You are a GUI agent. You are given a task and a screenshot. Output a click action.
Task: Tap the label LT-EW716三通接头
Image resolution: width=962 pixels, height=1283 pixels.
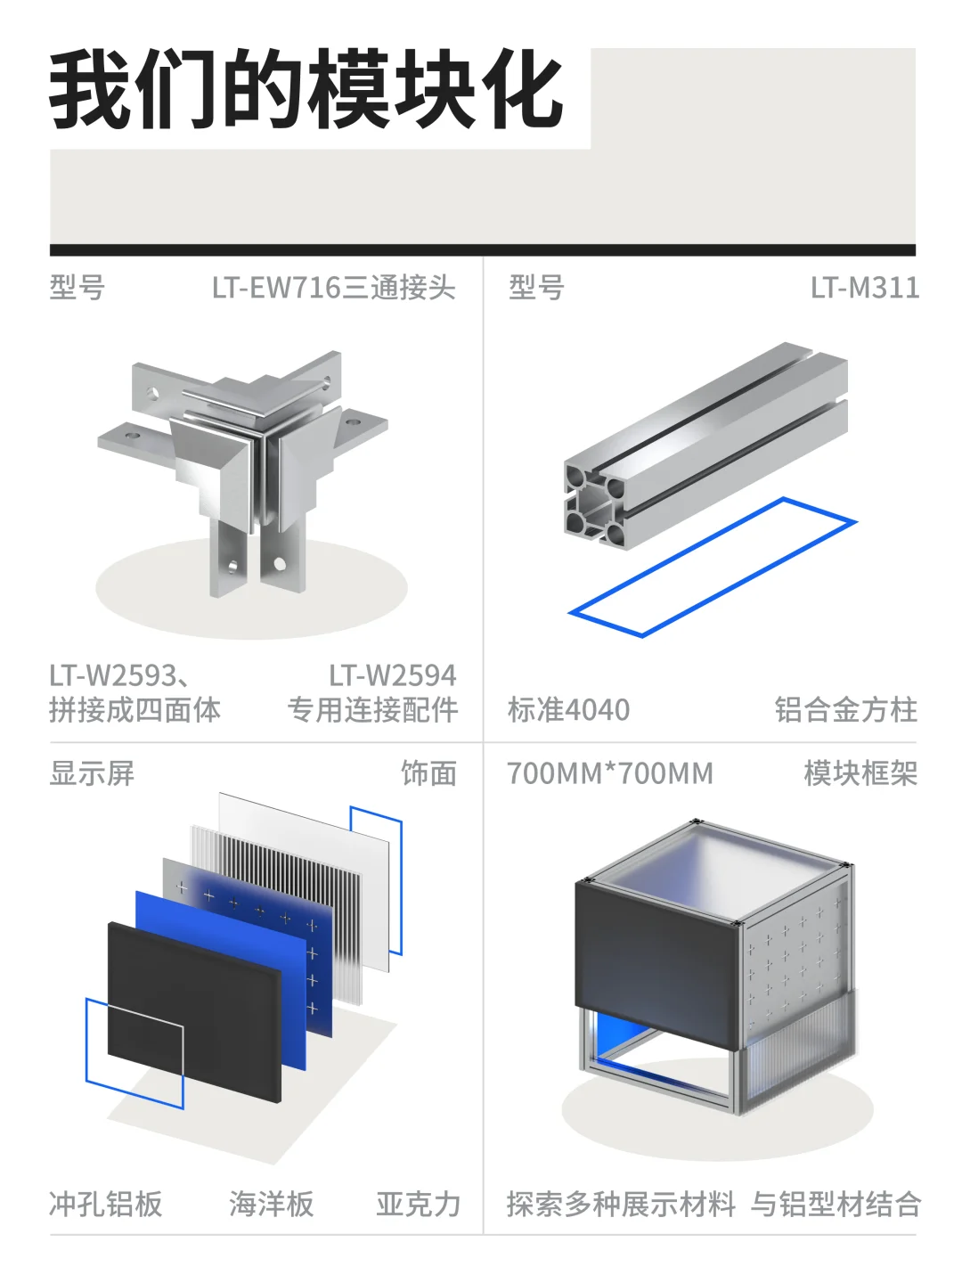334,288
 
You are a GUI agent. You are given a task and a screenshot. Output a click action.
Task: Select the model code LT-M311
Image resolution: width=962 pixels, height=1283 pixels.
864,288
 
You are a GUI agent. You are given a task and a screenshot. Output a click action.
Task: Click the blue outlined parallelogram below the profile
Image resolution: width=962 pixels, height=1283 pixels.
713,567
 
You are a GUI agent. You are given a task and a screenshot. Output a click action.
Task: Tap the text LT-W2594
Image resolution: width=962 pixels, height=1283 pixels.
392,675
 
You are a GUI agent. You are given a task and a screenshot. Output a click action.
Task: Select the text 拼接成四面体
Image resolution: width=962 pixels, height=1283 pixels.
135,710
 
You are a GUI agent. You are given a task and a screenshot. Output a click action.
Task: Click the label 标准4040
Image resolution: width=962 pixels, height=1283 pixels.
568,710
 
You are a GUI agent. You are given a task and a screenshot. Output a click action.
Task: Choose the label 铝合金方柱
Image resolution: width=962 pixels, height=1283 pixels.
845,710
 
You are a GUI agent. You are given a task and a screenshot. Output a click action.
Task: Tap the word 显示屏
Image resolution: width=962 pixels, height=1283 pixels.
92,773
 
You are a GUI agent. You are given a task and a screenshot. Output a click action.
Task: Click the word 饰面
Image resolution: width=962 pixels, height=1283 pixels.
428,773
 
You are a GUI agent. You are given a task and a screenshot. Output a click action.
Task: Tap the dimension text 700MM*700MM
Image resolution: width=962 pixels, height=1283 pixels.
610,773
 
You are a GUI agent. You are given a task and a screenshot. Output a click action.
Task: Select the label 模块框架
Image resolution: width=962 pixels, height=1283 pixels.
860,773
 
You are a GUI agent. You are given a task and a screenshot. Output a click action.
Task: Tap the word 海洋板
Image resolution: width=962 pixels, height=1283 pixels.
271,1204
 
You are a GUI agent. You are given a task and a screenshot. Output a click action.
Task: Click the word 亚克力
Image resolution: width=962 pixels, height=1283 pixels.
418,1204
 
